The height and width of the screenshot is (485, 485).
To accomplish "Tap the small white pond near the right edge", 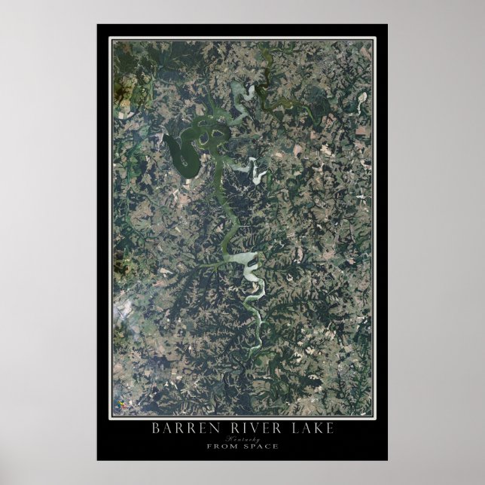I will pyautogui.click(x=362, y=98).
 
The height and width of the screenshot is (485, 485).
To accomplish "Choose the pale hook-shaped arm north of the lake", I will pyautogui.click(x=243, y=93).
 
